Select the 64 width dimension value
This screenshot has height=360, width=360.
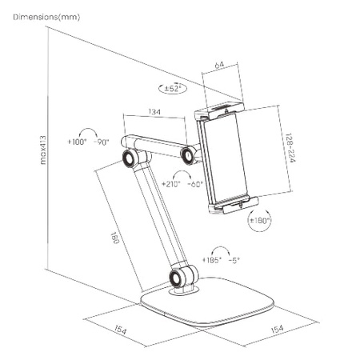tap(218, 66)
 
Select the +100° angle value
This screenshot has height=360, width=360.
tap(82, 142)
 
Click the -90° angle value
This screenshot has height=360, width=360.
tap(102, 142)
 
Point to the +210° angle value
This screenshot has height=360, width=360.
tap(169, 183)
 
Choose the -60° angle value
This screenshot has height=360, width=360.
tap(194, 183)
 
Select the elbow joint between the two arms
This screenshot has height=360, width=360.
tap(128, 158)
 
